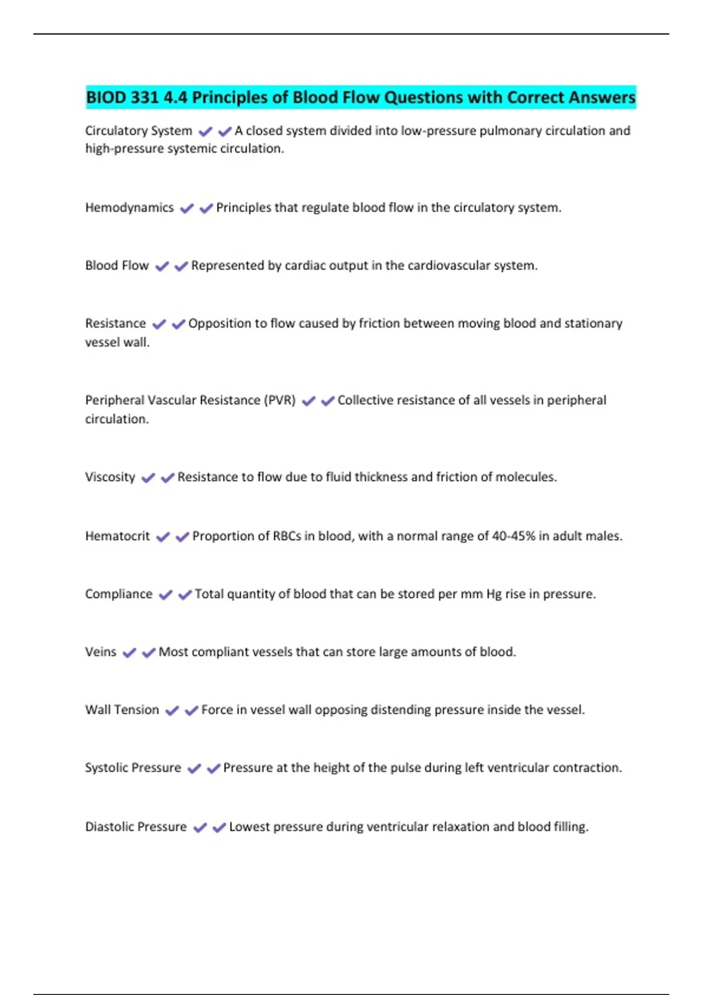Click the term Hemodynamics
[x=129, y=208]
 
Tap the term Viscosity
[x=110, y=477]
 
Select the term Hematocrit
[x=118, y=536]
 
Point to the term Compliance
[x=119, y=594]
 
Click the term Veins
[x=101, y=652]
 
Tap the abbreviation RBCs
[x=287, y=536]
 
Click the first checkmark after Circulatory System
[x=206, y=132]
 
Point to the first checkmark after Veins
[x=129, y=653]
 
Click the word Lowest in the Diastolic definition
[x=247, y=827]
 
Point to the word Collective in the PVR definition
[x=366, y=400]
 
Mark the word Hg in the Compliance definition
[x=494, y=594]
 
